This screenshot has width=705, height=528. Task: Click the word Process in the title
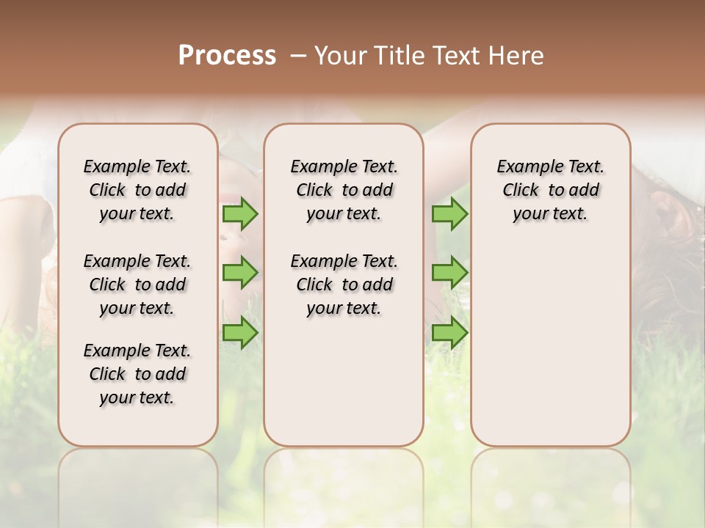pyautogui.click(x=227, y=56)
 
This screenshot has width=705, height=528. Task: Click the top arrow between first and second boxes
pyautogui.click(x=240, y=213)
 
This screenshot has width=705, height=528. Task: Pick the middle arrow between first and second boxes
pyautogui.click(x=240, y=273)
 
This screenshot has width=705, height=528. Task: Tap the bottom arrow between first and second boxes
pyautogui.click(x=240, y=333)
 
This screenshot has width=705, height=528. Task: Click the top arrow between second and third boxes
pyautogui.click(x=449, y=213)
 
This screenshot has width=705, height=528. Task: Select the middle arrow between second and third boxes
pyautogui.click(x=449, y=273)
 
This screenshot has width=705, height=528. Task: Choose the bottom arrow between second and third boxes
pyautogui.click(x=449, y=333)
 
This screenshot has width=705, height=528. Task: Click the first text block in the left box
pyautogui.click(x=137, y=190)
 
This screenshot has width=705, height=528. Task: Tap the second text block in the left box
pyautogui.click(x=137, y=285)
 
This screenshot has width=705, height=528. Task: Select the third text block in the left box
pyautogui.click(x=137, y=374)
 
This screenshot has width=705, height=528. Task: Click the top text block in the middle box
pyautogui.click(x=344, y=190)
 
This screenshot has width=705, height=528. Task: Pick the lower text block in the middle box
pyautogui.click(x=344, y=285)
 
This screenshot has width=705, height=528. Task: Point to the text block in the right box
pyautogui.click(x=550, y=190)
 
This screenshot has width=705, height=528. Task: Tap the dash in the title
pyautogui.click(x=298, y=56)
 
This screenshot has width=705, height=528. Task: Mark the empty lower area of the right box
pyautogui.click(x=550, y=345)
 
